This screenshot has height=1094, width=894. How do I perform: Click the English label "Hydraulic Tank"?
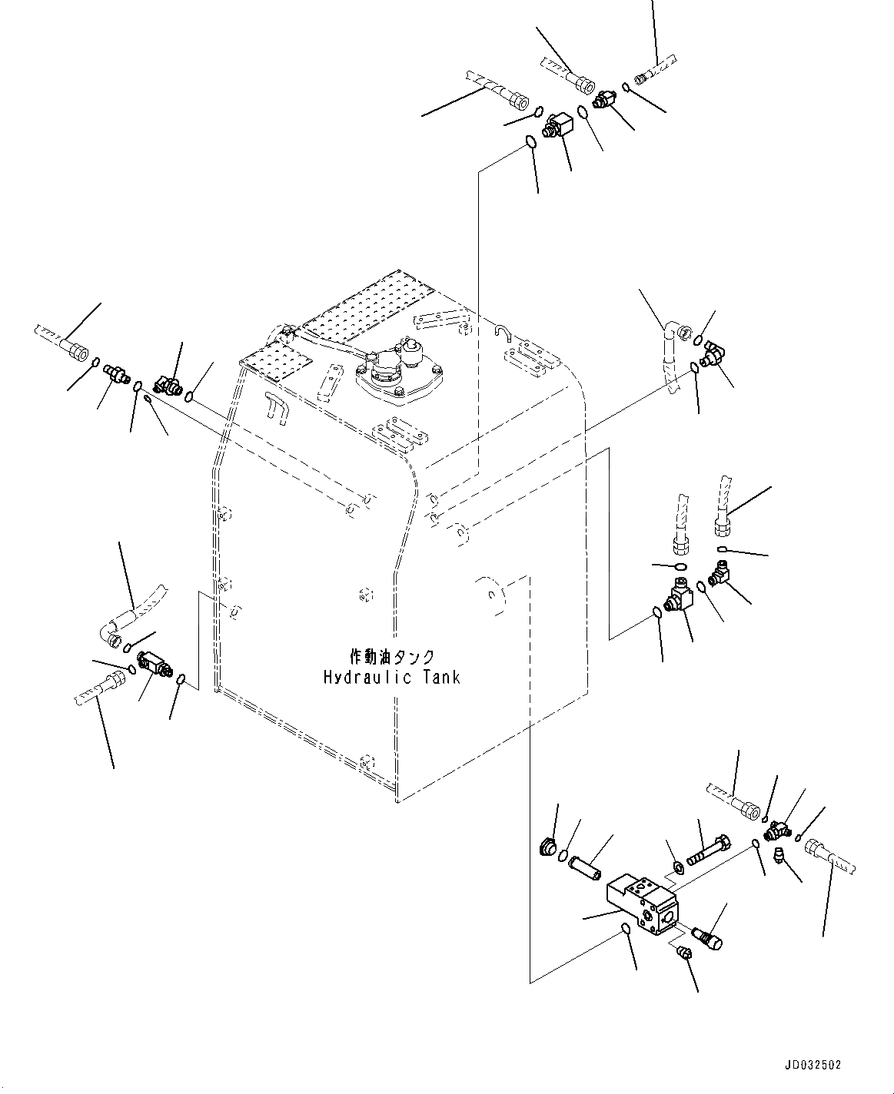click(x=391, y=677)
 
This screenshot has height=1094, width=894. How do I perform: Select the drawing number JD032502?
click(x=813, y=1065)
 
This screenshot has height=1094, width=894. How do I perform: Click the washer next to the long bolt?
click(x=679, y=868)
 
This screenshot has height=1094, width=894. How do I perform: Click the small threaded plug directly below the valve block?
click(x=681, y=953)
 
